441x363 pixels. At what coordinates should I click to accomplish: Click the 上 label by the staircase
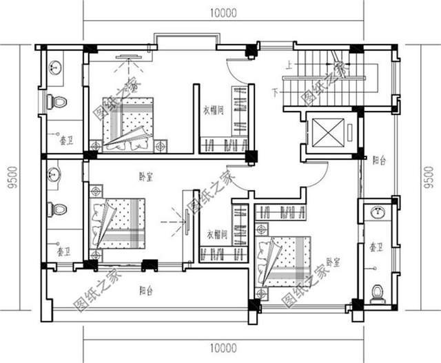point(289,67)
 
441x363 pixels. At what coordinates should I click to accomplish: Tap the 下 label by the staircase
point(276,91)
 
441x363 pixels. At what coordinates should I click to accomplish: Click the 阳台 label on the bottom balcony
point(145,291)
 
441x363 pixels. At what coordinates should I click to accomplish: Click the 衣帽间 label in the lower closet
point(216,234)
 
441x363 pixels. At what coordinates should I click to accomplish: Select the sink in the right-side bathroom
point(376,213)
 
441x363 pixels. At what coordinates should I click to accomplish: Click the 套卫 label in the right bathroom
point(376,246)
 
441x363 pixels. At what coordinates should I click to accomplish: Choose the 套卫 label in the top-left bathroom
point(61,137)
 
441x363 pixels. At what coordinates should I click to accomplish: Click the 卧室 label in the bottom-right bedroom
point(334,262)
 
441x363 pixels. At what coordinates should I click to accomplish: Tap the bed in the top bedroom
point(131,124)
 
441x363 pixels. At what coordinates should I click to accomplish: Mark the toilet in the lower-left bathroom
point(58,207)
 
